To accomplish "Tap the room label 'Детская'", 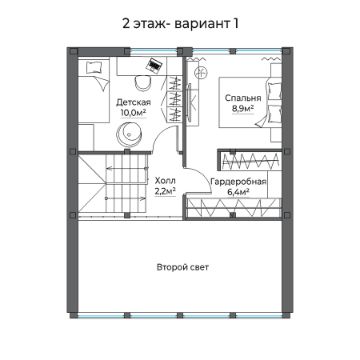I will tap(133, 102).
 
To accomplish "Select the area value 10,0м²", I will tap(133, 113).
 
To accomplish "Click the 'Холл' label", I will tap(165, 181).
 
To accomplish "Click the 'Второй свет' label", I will tap(180, 267).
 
